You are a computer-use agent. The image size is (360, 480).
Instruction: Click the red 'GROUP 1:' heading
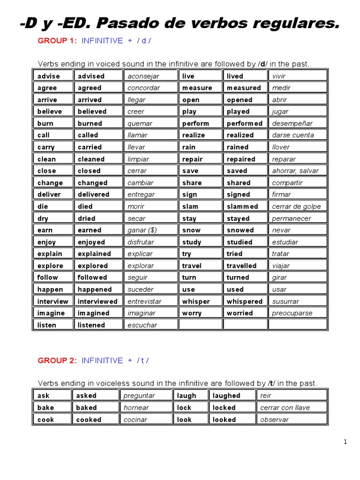(57, 41)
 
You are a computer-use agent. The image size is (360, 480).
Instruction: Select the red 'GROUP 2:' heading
(57, 360)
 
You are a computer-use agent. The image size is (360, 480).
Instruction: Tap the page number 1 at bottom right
(345, 442)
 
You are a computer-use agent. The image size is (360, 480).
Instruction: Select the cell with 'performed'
(245, 123)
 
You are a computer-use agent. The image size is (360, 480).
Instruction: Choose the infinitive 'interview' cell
(52, 301)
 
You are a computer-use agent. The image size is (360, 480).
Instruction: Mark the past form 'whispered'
(245, 301)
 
